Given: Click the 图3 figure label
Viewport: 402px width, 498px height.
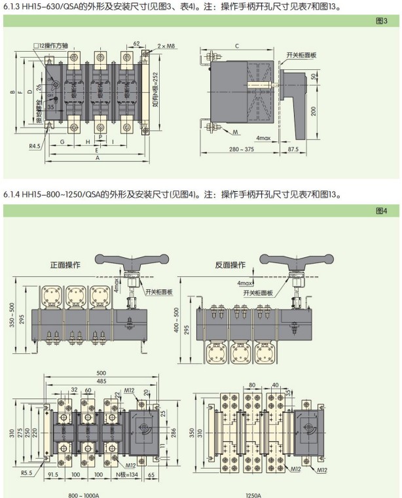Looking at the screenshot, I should tap(382, 21).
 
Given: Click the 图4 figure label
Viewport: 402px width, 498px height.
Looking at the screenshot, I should tap(382, 211).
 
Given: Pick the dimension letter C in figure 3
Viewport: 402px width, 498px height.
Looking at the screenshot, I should tap(236, 44).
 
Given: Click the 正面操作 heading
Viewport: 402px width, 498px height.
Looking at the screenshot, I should tap(65, 265).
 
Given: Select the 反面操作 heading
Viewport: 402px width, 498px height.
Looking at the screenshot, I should tap(230, 265).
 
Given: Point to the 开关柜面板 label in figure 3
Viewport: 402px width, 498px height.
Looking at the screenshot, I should tap(301, 54).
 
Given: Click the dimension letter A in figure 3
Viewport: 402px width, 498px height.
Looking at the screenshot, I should tap(97, 159).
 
